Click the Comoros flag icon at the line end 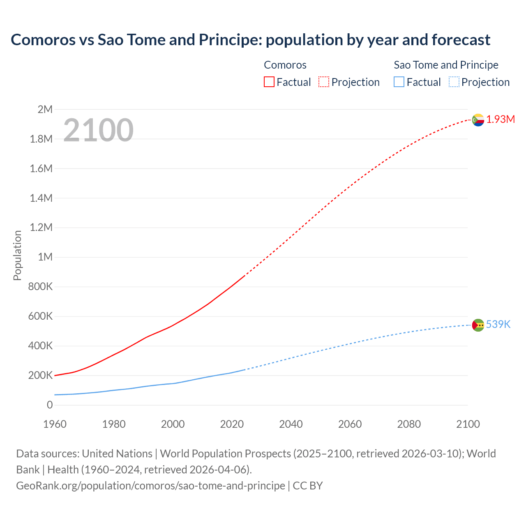[478, 120]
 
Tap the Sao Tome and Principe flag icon [478, 325]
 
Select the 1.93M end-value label [501, 120]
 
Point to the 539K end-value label [498, 325]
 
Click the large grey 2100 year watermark [98, 130]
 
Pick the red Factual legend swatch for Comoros [269, 82]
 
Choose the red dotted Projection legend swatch [324, 82]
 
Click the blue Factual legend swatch [399, 82]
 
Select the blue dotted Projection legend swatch [454, 82]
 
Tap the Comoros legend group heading [285, 65]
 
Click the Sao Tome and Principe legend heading [446, 65]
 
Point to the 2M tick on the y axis [45, 109]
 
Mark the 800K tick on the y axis [40, 287]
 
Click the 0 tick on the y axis [50, 405]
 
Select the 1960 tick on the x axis [55, 424]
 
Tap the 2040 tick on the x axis [291, 424]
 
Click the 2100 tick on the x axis [468, 424]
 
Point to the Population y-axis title [17, 255]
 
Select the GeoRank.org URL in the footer [150, 486]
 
